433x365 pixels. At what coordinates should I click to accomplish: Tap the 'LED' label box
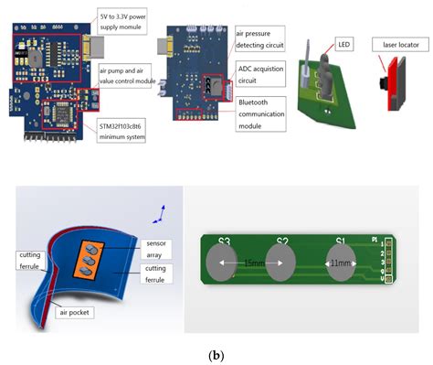click(x=343, y=44)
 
